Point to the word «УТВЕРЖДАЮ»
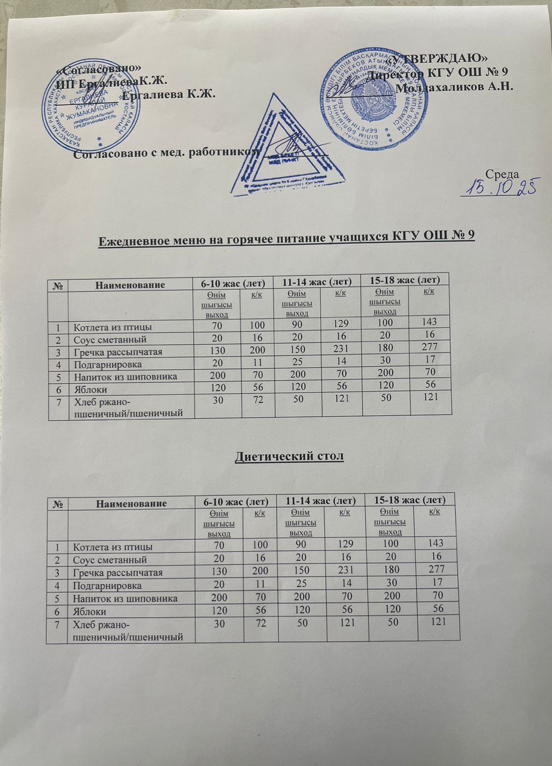[439, 59]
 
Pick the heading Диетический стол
[289, 456]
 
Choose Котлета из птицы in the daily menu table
[113, 327]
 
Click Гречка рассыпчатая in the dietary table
[118, 572]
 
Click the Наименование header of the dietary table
[132, 503]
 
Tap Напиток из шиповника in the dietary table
[125, 598]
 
